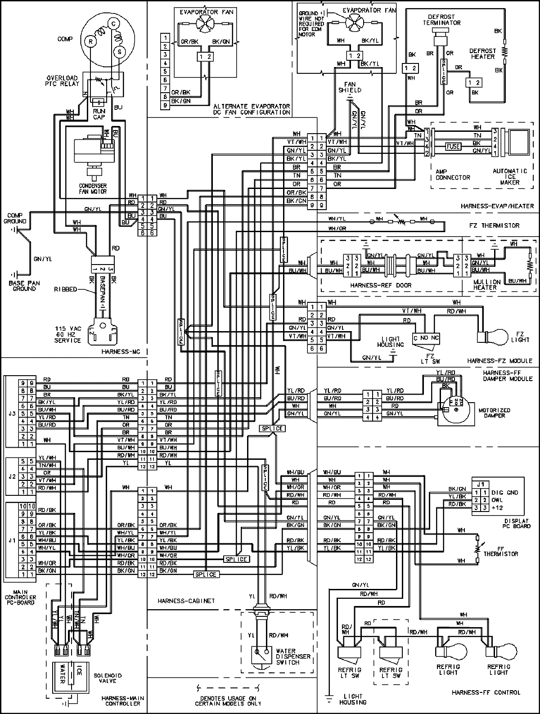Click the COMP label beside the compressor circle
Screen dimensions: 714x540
65,39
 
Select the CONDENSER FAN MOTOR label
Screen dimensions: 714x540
93,188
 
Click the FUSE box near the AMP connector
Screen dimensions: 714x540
453,146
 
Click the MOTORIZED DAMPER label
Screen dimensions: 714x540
495,413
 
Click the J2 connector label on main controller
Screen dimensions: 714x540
11,476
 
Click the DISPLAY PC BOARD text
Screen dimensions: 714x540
517,523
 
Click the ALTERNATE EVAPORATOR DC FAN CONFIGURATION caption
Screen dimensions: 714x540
252,109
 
